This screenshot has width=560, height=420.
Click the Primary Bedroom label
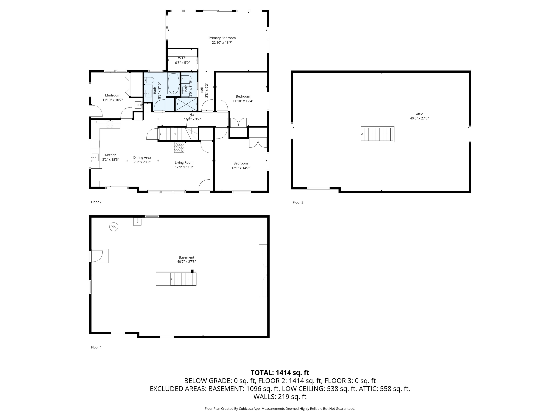(222, 38)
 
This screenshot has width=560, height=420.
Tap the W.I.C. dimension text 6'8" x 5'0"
(182, 63)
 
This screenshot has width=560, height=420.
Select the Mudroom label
(113, 95)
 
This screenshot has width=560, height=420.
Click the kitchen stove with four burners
(110, 124)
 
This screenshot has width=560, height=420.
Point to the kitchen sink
(95, 157)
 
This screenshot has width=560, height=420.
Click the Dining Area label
(142, 158)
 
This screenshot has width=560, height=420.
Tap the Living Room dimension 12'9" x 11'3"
(184, 167)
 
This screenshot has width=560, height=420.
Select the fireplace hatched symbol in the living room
(179, 147)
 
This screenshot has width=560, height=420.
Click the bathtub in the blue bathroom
(173, 84)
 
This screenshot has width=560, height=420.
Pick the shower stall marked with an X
(186, 104)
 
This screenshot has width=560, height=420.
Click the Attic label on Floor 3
(419, 114)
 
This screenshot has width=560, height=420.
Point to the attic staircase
(377, 134)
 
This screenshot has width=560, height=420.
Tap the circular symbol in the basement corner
(114, 227)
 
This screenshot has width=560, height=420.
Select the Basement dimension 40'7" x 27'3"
(187, 262)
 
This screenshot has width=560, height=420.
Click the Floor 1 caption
(96, 347)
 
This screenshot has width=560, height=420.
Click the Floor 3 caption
(298, 202)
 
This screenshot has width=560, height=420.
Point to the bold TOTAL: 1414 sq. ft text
(280, 373)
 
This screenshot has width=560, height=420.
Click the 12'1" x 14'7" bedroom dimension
(240, 168)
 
